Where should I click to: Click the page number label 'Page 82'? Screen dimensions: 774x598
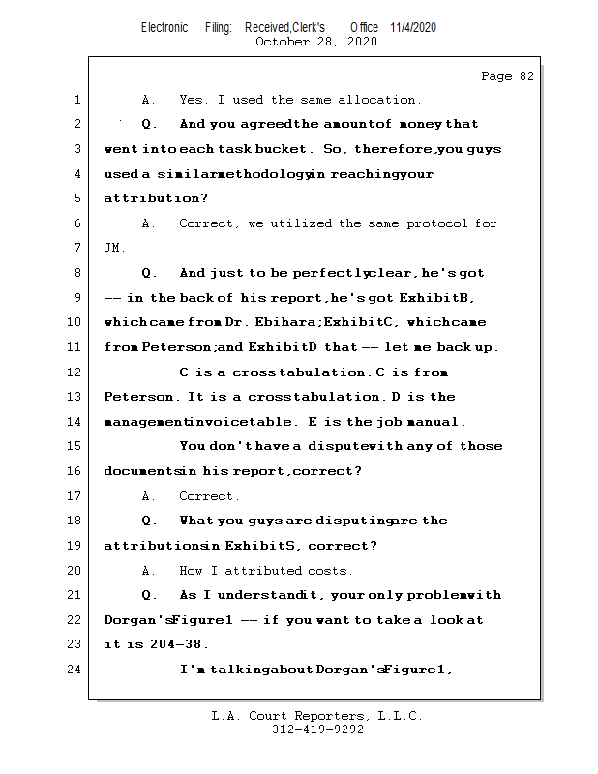pyautogui.click(x=507, y=76)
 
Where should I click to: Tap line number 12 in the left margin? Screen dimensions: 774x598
pyautogui.click(x=76, y=372)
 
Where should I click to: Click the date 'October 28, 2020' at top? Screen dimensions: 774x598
pyautogui.click(x=316, y=42)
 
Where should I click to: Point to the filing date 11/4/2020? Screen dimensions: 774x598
pyautogui.click(x=413, y=27)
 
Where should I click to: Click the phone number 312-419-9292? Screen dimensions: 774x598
pyautogui.click(x=317, y=729)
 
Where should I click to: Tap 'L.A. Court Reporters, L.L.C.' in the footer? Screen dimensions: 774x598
pyautogui.click(x=317, y=716)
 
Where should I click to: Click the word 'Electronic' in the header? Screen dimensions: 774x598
pyautogui.click(x=164, y=27)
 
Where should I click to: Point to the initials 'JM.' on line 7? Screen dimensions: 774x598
pyautogui.click(x=114, y=249)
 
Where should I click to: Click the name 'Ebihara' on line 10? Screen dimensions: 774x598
pyautogui.click(x=289, y=322)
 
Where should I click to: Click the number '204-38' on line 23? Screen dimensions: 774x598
pyautogui.click(x=180, y=644)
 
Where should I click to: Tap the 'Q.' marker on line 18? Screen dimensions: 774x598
pyautogui.click(x=150, y=521)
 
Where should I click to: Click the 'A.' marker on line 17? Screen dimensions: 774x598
pyautogui.click(x=149, y=496)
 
